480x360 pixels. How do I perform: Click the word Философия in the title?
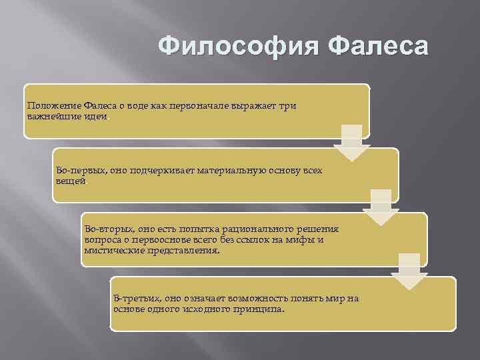pyautogui.click(x=240, y=48)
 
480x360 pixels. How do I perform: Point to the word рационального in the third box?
pyautogui.click(x=253, y=228)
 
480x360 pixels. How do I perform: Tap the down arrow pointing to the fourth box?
pyautogui.click(x=409, y=269)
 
